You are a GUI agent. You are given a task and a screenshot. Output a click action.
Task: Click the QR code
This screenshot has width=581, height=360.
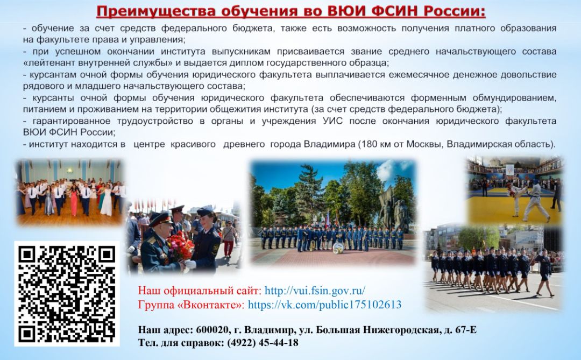67,294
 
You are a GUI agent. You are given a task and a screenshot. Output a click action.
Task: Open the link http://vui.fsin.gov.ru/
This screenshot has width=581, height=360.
315,290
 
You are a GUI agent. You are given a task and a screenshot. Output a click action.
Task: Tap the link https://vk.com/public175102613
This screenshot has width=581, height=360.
324,305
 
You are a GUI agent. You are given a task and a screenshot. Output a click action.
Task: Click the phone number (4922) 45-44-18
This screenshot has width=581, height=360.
263,343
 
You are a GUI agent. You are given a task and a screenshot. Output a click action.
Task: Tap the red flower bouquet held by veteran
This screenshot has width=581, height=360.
180,246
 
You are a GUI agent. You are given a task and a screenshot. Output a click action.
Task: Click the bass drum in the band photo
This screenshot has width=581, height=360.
338,248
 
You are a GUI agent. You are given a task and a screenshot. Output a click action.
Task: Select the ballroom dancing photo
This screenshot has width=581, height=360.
69,193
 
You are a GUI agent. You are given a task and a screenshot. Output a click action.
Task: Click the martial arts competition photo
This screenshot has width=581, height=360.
514,190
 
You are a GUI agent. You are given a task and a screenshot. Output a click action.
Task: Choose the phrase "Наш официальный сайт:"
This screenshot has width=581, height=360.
200,290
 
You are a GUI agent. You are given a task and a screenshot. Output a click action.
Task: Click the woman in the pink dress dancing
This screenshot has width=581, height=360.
74,200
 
